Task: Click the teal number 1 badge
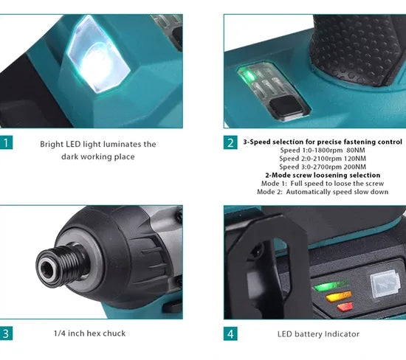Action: (x=6, y=142)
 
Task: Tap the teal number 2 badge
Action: (x=230, y=142)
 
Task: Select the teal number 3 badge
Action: (x=6, y=333)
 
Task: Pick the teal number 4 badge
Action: (x=230, y=334)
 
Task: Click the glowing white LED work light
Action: (x=98, y=55)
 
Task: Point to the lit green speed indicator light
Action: (x=248, y=75)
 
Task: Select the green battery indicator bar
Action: (x=329, y=285)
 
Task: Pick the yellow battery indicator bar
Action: (x=338, y=296)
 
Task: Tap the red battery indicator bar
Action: (x=345, y=307)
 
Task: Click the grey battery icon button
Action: (x=385, y=284)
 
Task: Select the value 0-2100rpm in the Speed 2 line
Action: (x=321, y=159)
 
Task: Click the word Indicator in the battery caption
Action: (x=342, y=334)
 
